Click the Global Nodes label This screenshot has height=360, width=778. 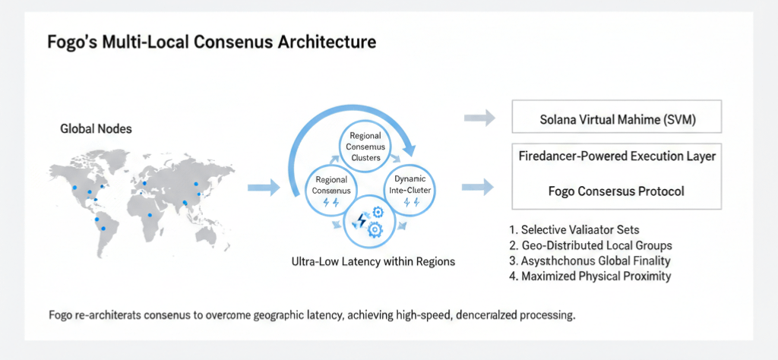pyautogui.click(x=96, y=129)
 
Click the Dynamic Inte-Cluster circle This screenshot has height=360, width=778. pyautogui.click(x=411, y=188)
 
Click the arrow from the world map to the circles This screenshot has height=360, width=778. pyautogui.click(x=264, y=187)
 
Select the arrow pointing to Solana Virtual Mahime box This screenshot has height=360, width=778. pyautogui.click(x=479, y=118)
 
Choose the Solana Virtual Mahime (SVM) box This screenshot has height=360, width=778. pyautogui.click(x=616, y=118)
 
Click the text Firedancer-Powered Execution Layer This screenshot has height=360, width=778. pyautogui.click(x=616, y=156)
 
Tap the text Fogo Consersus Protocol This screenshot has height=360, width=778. pyautogui.click(x=616, y=191)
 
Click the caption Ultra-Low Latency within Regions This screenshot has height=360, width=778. pyautogui.click(x=373, y=262)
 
